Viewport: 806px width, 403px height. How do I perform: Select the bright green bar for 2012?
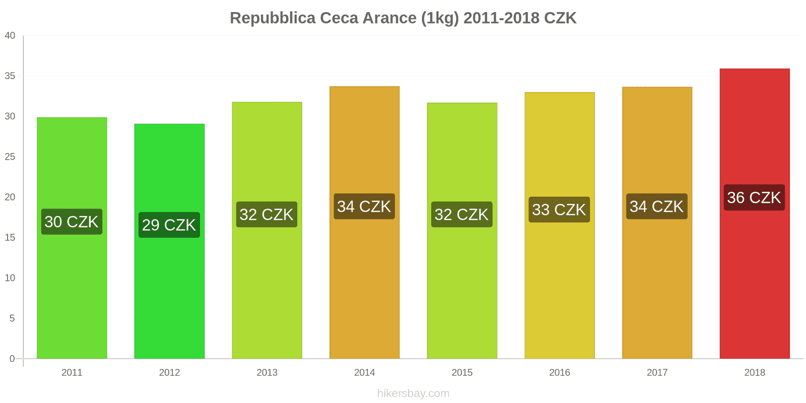click(x=169, y=292)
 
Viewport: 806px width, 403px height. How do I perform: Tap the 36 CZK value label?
click(x=754, y=197)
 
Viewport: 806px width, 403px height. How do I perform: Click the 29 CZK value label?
click(x=169, y=225)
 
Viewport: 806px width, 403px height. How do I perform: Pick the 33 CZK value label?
click(x=559, y=210)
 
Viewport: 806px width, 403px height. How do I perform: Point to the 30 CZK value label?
click(x=72, y=222)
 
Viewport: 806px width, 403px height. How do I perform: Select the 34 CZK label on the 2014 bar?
click(x=364, y=207)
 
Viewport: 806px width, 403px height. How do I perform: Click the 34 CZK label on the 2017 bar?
click(x=657, y=207)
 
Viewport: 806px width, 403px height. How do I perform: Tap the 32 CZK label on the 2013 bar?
click(x=266, y=215)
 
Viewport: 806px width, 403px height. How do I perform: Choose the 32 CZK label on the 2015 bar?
click(x=462, y=215)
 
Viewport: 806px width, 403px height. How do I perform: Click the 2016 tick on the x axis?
click(x=559, y=372)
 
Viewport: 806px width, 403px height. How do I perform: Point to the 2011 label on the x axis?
click(x=72, y=372)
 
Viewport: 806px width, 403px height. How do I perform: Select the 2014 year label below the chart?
click(x=364, y=372)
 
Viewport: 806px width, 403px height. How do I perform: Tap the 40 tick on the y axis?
click(x=10, y=35)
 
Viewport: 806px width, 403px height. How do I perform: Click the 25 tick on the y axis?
click(x=10, y=157)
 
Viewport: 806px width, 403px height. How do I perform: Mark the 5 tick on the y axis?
click(x=12, y=318)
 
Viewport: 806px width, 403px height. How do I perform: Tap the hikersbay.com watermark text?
click(x=413, y=393)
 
